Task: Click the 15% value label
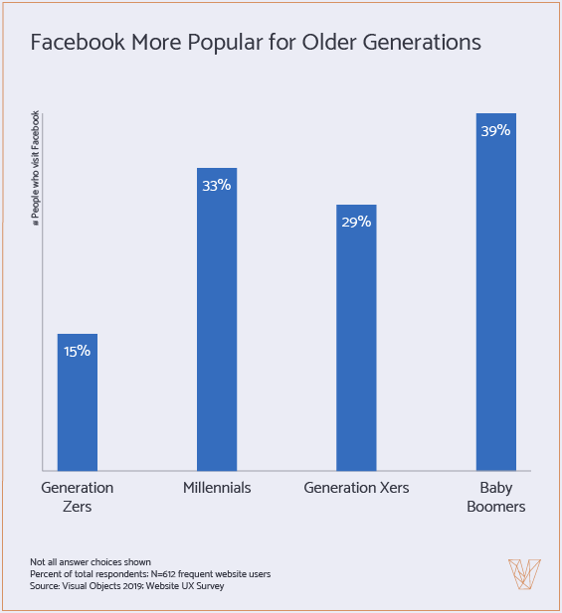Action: click(78, 352)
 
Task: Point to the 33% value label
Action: click(217, 185)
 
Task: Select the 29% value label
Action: click(356, 222)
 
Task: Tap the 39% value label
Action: click(495, 130)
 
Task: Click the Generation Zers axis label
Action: click(78, 497)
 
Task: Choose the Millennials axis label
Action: click(217, 488)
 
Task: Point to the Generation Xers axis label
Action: click(356, 488)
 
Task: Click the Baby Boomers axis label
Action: click(495, 497)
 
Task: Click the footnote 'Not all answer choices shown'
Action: click(91, 562)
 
